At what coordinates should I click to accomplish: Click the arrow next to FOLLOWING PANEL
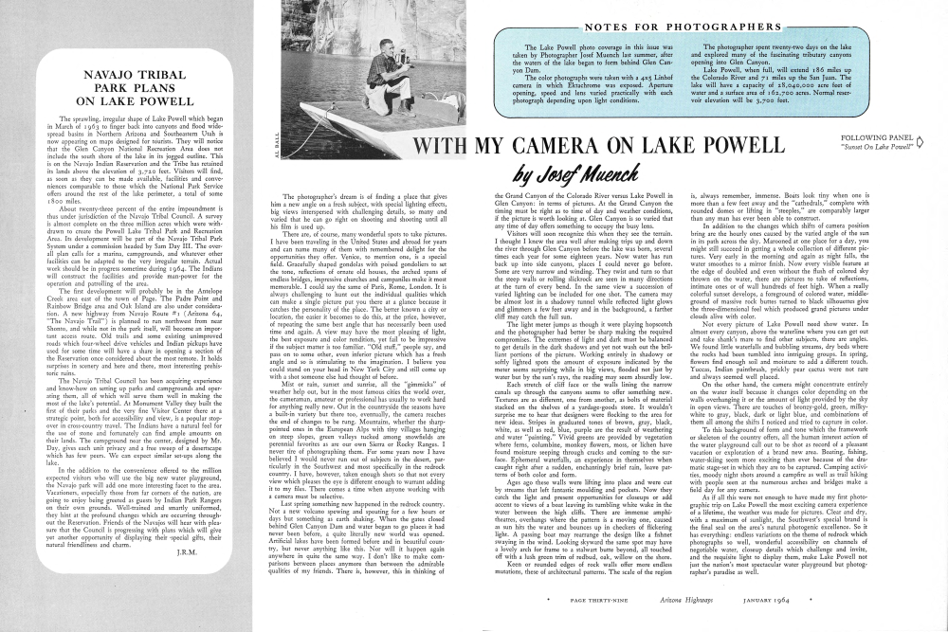pyautogui.click(x=936, y=147)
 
